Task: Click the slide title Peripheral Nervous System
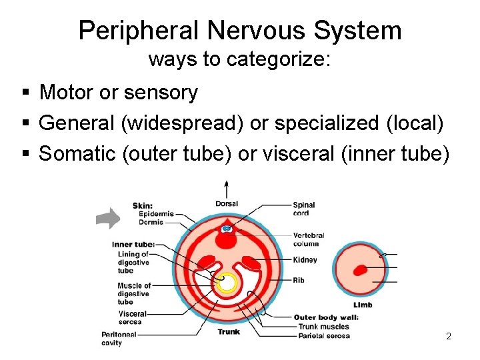240,31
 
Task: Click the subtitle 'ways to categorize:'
239,59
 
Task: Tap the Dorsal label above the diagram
227,203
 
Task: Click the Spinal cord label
304,209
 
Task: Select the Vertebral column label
309,239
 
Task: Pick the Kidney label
305,260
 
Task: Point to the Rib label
299,281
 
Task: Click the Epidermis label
157,214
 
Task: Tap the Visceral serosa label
132,317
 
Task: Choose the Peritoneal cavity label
119,339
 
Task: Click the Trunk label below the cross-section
229,331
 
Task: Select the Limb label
363,305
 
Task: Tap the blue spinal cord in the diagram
227,229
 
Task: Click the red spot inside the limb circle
360,271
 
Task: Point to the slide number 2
449,336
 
